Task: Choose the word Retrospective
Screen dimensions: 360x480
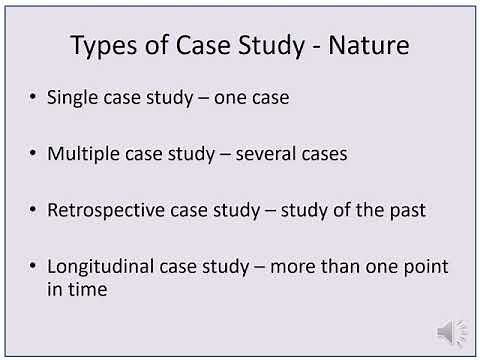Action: (104, 211)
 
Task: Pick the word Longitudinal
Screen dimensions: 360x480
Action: (98, 267)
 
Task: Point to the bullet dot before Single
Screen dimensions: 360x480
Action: (36, 99)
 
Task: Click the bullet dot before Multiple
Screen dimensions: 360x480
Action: (36, 155)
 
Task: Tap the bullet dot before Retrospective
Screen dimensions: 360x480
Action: (36, 211)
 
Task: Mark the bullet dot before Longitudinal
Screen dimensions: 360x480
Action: (36, 267)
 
